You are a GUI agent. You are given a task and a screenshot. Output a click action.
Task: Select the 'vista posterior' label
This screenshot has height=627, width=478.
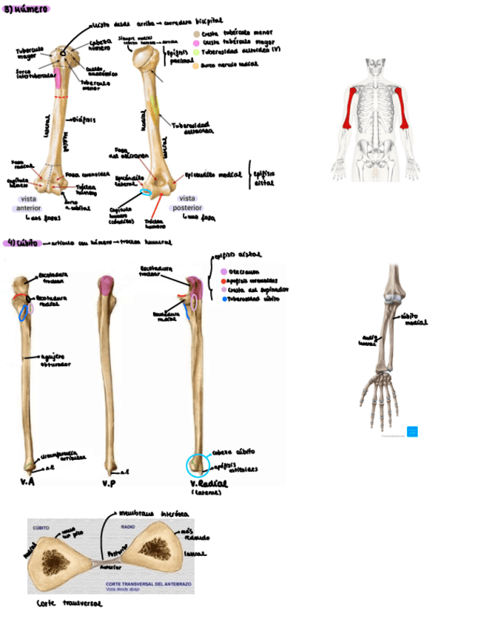click(188, 203)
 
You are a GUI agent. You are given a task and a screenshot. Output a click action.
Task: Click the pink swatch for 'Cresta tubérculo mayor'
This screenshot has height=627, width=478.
click(196, 44)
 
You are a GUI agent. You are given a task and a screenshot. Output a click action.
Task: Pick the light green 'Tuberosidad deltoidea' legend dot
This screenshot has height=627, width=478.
click(196, 54)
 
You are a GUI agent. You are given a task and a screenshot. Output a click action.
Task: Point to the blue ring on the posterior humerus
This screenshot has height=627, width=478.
click(147, 193)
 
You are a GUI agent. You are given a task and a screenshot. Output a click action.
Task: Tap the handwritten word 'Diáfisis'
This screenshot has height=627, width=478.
click(84, 119)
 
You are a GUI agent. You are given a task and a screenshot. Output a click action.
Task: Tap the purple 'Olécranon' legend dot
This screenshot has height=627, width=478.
click(223, 271)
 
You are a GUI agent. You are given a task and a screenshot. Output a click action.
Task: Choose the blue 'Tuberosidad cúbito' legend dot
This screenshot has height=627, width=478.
click(223, 299)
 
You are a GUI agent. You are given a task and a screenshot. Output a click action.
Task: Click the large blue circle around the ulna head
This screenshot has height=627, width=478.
click(198, 466)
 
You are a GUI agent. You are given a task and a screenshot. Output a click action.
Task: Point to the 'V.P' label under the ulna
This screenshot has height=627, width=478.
click(109, 483)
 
